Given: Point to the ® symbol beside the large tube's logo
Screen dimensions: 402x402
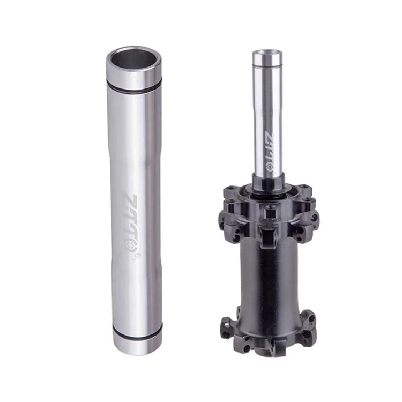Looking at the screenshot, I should pyautogui.click(x=138, y=256).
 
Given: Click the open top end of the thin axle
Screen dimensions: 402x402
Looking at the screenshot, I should pyautogui.click(x=267, y=54).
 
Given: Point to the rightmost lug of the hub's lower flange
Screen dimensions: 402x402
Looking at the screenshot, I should pyautogui.click(x=311, y=325).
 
